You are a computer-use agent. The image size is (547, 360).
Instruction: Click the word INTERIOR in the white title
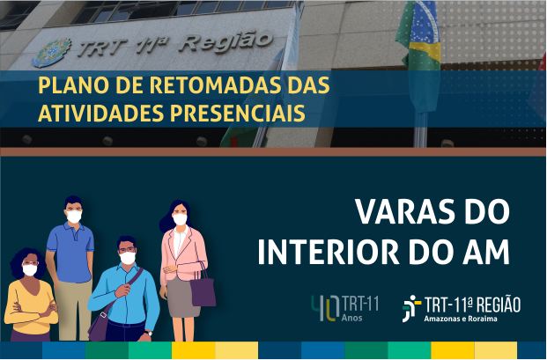tap(329, 252)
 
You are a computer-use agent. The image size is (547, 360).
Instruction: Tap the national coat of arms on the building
tap(52, 52)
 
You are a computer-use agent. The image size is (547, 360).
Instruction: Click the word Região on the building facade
tap(227, 42)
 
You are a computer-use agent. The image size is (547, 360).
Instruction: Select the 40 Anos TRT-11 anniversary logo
tap(344, 308)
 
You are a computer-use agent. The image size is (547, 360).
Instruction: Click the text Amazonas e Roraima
tap(461, 319)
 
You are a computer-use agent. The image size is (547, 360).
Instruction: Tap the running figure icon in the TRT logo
tap(411, 308)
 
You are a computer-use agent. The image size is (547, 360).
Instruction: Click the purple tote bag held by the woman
tap(203, 290)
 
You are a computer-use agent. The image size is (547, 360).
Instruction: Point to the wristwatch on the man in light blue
tap(150, 334)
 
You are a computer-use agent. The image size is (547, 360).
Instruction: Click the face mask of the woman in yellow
tap(30, 270)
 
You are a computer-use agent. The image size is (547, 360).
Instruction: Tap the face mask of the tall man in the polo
tap(74, 217)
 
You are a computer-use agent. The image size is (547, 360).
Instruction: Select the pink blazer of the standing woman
tap(183, 254)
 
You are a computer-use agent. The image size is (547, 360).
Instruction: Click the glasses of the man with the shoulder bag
tap(127, 249)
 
